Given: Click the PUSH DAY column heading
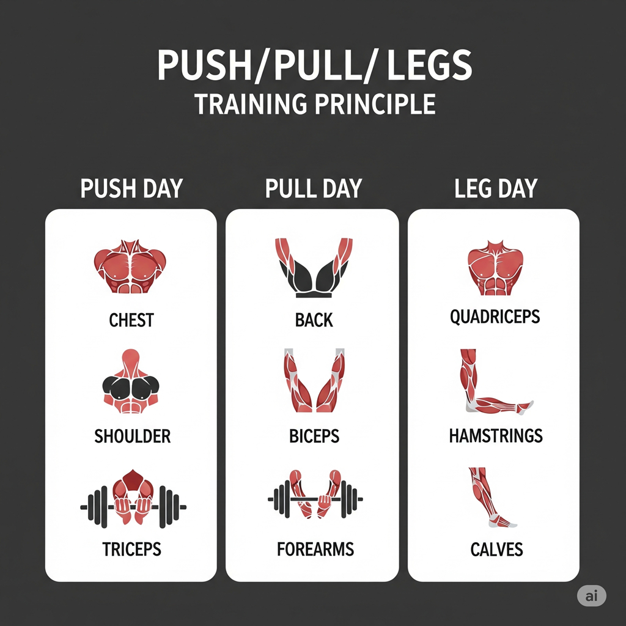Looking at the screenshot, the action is click(x=131, y=188).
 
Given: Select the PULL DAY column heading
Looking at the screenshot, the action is click(x=314, y=188).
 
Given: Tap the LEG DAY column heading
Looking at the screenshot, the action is click(x=496, y=188).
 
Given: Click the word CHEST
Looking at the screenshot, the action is click(x=131, y=320).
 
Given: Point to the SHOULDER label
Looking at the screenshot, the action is click(x=132, y=436).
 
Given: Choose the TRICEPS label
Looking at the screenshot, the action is click(x=132, y=550).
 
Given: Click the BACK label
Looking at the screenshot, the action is click(x=314, y=320).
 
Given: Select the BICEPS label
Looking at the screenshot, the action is click(x=314, y=436).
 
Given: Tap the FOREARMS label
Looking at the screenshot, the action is click(x=315, y=550).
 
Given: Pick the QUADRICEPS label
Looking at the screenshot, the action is click(x=495, y=317).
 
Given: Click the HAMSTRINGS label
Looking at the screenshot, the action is click(x=496, y=436).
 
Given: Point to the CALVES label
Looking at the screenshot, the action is click(x=496, y=550).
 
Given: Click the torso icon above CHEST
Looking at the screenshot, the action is click(x=130, y=267).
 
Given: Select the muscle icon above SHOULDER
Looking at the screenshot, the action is click(x=131, y=381).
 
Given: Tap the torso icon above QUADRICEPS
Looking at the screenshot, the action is click(x=495, y=268).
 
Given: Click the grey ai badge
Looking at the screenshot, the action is click(x=592, y=596).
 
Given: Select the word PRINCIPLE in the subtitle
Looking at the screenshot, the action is click(x=375, y=104).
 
